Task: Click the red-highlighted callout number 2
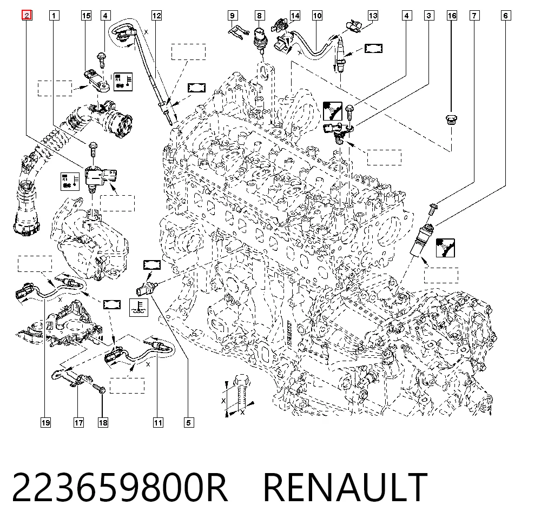(27, 15)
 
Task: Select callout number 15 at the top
(86, 16)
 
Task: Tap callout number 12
(156, 16)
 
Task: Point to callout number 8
(259, 16)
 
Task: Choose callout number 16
(452, 16)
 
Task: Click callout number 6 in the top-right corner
(505, 16)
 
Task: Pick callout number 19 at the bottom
(45, 422)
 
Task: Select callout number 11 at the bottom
(158, 422)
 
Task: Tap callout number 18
(103, 422)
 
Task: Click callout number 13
(373, 16)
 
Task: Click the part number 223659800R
(120, 487)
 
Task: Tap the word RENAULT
(345, 487)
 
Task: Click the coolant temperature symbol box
(138, 307)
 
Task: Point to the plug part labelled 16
(451, 120)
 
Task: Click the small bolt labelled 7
(433, 209)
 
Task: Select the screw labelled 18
(99, 389)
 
